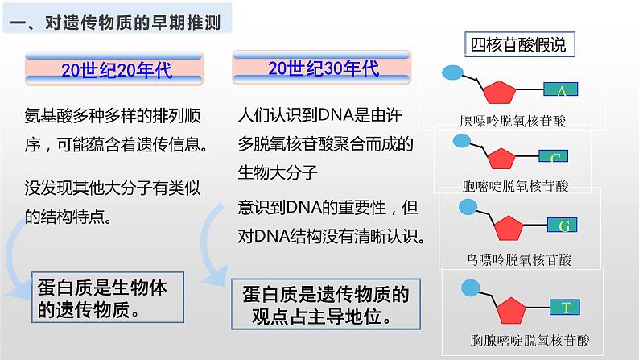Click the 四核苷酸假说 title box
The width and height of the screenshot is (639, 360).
pos(517,44)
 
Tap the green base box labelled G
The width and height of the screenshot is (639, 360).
pos(563,226)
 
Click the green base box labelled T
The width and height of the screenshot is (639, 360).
pos(566,306)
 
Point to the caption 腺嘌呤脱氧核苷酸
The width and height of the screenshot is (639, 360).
pos(512,121)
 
